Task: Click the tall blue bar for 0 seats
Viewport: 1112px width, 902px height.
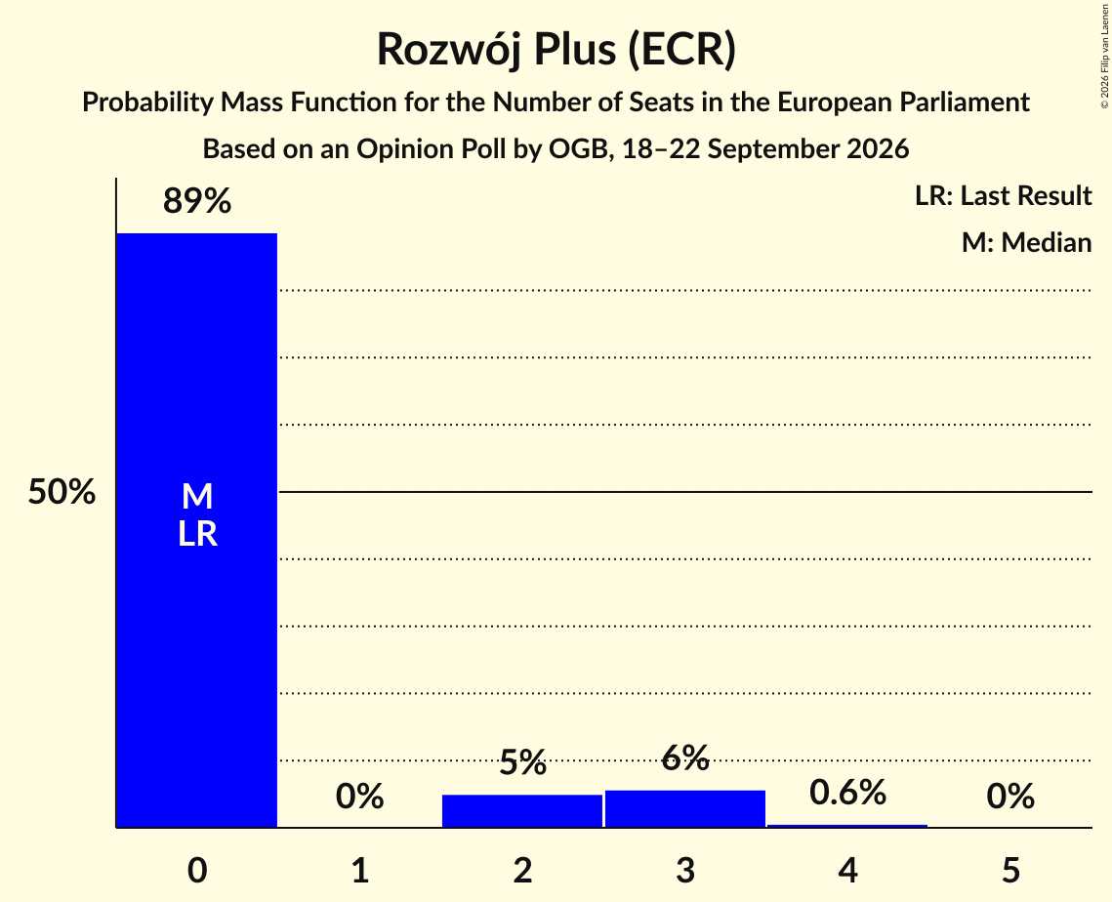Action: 197,530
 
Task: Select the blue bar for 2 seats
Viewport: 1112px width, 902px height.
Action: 522,810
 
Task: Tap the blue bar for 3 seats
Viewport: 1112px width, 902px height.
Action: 685,808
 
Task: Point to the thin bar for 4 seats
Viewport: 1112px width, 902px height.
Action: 847,826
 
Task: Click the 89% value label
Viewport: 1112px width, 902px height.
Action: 197,201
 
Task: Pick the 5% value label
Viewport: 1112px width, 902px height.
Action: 522,763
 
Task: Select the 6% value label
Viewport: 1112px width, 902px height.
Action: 685,758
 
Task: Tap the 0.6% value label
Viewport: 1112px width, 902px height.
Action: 847,792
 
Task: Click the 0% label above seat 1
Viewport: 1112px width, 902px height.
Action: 359,797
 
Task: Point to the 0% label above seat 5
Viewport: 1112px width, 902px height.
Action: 1010,797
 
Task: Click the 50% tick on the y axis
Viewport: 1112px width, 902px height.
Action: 62,491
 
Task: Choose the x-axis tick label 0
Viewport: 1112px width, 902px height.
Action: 197,870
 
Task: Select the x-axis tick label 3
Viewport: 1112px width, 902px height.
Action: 685,870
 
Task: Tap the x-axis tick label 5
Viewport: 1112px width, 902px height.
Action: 1010,870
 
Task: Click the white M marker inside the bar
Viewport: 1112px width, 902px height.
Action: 197,496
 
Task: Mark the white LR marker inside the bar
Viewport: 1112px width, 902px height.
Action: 197,534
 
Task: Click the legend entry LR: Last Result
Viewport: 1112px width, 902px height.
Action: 1003,195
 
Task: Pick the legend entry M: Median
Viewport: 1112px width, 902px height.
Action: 1026,242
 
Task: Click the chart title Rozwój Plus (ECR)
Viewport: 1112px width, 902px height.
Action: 556,50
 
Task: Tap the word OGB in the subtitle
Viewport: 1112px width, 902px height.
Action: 579,149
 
